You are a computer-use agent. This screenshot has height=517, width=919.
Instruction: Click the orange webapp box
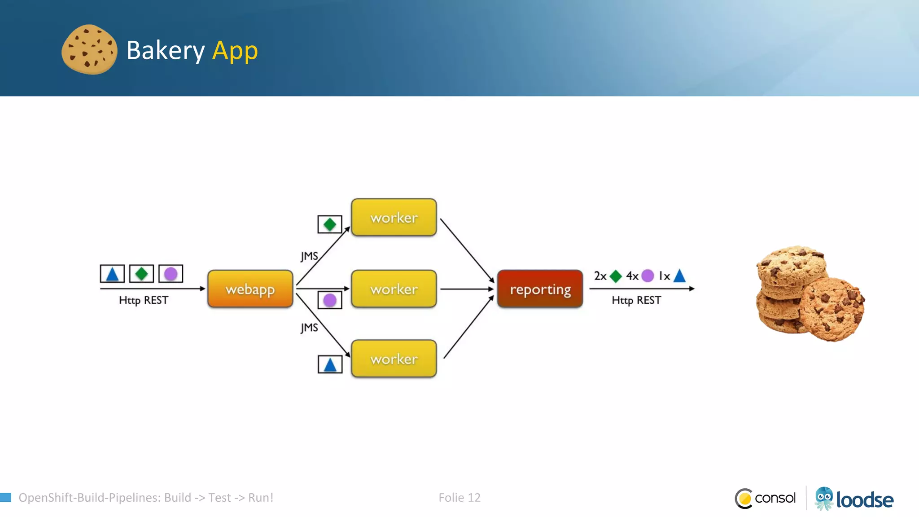tap(250, 289)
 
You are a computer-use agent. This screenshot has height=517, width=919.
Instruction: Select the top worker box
tap(394, 218)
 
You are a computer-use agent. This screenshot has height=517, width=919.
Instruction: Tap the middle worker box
tap(394, 289)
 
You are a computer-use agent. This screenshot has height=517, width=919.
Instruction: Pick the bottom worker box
tap(394, 359)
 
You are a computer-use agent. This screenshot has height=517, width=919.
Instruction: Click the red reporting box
tap(540, 289)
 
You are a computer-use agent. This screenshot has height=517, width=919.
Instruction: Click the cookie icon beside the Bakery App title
tap(89, 49)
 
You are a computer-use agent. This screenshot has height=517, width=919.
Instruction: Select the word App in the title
tap(235, 50)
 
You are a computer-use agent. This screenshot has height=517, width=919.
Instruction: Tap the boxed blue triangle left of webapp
tap(112, 274)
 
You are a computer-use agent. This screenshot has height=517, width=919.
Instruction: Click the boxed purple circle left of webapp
tap(171, 274)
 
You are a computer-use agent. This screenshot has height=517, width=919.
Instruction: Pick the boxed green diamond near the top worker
tap(330, 224)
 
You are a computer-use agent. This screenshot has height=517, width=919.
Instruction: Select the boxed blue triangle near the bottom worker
tap(330, 364)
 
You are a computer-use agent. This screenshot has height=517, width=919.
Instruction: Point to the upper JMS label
tap(309, 256)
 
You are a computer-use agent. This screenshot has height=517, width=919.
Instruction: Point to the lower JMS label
tap(309, 328)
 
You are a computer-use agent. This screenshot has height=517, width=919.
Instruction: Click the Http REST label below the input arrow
tap(144, 300)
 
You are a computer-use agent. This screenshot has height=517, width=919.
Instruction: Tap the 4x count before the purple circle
tap(632, 276)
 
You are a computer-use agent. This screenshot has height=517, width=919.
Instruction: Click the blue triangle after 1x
tap(680, 276)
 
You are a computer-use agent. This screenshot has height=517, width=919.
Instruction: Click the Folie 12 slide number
tap(459, 498)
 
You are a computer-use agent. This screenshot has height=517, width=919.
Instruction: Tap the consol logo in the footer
tap(766, 498)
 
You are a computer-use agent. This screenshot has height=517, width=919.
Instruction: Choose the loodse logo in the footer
tap(854, 499)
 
